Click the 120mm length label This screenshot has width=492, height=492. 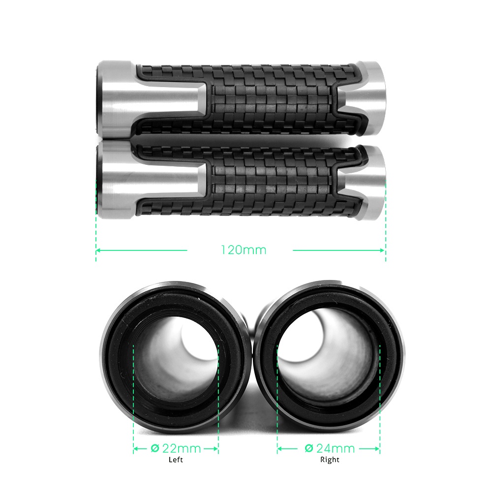coord(243,250)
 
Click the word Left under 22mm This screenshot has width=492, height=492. coord(176,460)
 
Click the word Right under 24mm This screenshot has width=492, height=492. coord(330,460)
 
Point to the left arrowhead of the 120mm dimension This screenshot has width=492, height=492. coord(98,250)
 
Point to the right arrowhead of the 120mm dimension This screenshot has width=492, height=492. coord(383,250)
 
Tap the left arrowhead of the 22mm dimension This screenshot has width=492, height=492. coord(135,449)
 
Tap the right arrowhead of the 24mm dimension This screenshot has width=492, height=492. coord(377,449)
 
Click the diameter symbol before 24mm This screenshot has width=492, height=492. coord(309,449)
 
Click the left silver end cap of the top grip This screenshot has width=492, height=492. coord(116,98)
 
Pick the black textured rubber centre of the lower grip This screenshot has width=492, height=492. coord(271,182)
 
